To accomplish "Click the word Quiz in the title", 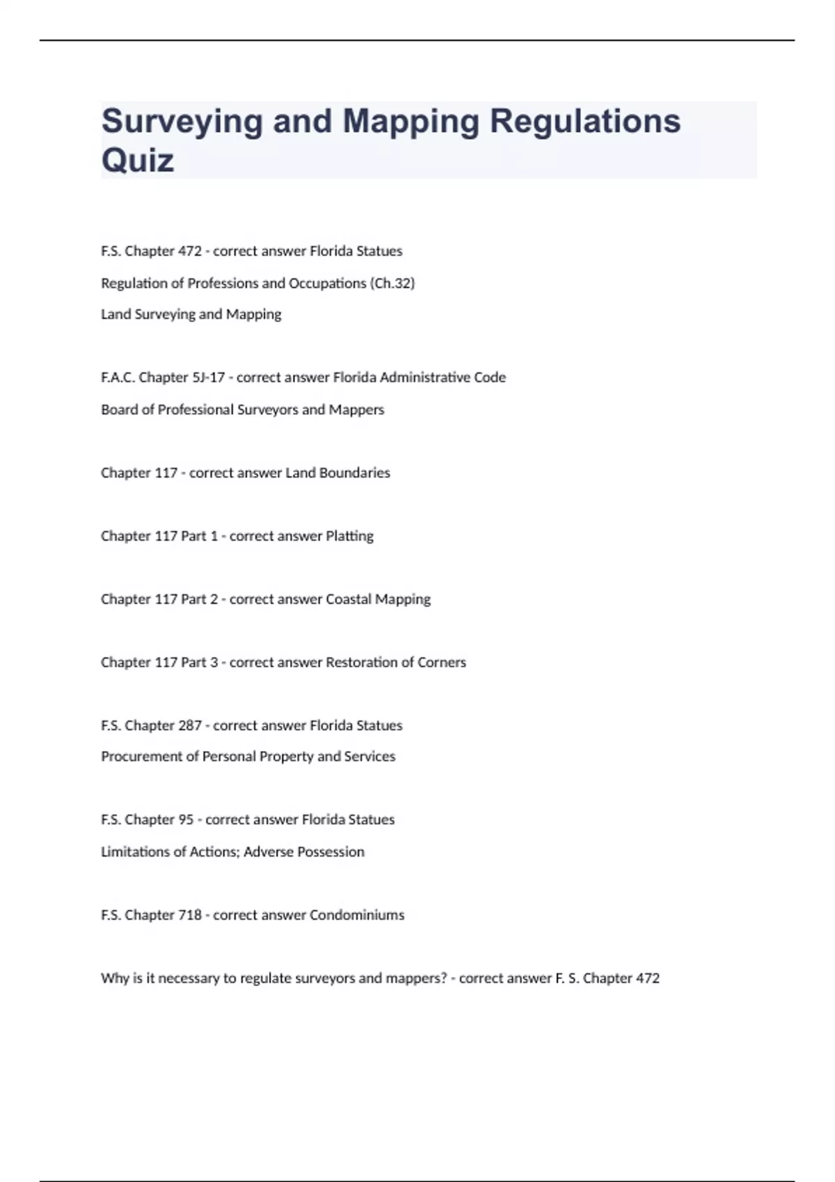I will coord(138,161).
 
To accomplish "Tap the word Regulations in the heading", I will coord(585,121).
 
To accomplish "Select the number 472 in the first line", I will coord(189,251).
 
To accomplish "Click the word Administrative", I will coord(425,378).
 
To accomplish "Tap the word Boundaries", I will coord(355,473).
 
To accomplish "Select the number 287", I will coord(189,726).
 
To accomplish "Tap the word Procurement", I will coord(141,756).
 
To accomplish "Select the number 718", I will coord(189,915).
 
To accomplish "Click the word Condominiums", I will coord(356,915).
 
